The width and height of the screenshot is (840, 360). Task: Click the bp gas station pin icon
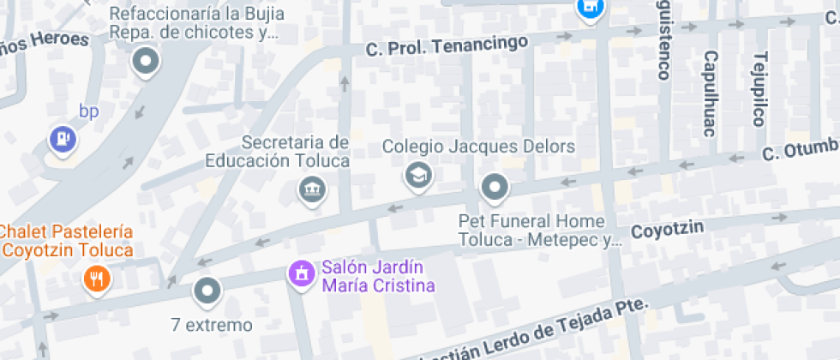tap(63, 138)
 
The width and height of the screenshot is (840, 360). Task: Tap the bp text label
tap(89, 111)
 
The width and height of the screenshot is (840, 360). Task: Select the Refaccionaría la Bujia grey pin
tap(147, 62)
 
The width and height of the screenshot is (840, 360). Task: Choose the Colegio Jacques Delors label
tap(478, 147)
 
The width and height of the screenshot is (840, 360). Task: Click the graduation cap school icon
tap(418, 176)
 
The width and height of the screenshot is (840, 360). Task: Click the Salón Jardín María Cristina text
tap(378, 276)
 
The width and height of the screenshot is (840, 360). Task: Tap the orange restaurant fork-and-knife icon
tap(97, 278)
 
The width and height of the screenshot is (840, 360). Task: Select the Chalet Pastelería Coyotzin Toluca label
tap(67, 241)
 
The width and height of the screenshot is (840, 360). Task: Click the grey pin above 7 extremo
tap(207, 292)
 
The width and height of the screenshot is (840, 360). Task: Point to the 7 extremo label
tap(212, 325)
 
